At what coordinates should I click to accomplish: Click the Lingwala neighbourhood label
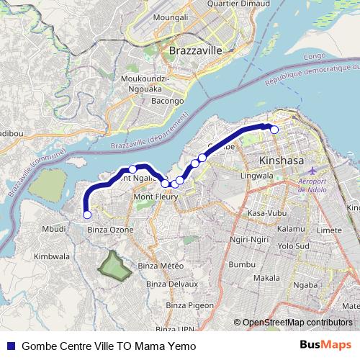pos(256,175)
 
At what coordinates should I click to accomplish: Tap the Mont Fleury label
pos(153,196)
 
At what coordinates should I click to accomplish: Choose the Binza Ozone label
pos(110,229)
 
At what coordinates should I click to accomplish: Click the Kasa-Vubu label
pos(266,214)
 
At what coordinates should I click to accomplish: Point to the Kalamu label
pos(291,228)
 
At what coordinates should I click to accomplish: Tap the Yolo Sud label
pos(294,245)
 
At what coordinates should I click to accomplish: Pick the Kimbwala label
pos(52,256)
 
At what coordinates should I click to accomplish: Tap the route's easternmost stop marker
pos(274,130)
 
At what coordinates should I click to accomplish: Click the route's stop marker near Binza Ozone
pos(87,215)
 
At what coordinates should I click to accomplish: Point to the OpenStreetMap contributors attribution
pos(297,323)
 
